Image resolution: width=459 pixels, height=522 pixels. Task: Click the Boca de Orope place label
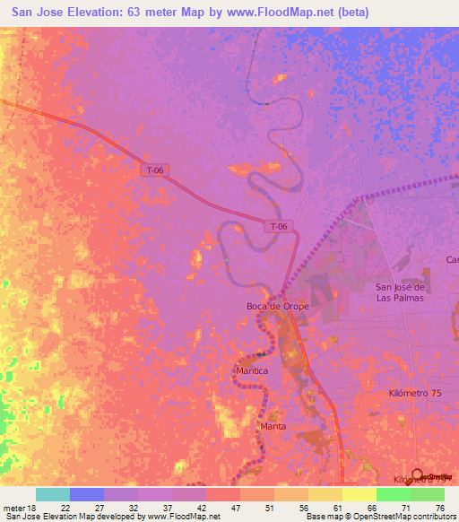[277, 306]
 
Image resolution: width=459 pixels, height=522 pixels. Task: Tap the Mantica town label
[252, 370]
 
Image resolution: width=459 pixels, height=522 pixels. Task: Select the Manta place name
[273, 426]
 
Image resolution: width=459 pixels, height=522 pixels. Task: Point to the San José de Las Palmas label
[399, 292]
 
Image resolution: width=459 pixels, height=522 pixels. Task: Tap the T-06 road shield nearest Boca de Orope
[279, 227]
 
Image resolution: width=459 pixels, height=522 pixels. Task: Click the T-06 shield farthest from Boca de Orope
[155, 169]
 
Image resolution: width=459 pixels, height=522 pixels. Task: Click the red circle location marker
[417, 475]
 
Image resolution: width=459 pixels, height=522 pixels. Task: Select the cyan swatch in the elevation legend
[53, 494]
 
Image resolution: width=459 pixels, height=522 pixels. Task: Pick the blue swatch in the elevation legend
[87, 494]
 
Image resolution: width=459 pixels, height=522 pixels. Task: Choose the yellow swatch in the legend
[359, 494]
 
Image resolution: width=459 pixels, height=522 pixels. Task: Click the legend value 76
[440, 507]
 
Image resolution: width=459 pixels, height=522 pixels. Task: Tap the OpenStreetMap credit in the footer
[383, 517]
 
